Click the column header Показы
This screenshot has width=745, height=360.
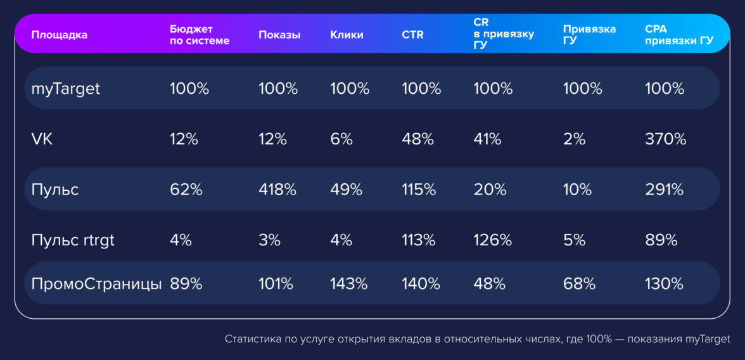(279, 35)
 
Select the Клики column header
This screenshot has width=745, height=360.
(347, 35)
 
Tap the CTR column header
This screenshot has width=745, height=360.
(412, 35)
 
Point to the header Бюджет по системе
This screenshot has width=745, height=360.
(200, 35)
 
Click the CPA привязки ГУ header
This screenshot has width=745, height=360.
(678, 35)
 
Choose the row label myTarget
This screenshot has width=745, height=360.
(66, 89)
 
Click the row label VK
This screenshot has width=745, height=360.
(42, 139)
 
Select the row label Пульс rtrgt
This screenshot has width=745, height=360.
(73, 240)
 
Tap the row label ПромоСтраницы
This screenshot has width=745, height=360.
(96, 284)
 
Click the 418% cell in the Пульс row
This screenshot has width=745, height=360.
(277, 190)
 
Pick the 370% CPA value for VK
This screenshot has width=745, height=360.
(665, 139)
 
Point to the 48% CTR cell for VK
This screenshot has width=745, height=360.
(417, 139)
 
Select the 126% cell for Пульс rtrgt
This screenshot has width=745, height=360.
(493, 240)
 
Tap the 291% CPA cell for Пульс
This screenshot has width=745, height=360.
(664, 190)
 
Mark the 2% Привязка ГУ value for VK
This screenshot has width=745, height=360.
(574, 139)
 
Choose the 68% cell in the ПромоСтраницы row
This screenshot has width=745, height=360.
(579, 284)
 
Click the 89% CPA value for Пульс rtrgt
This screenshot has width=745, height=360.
(661, 240)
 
